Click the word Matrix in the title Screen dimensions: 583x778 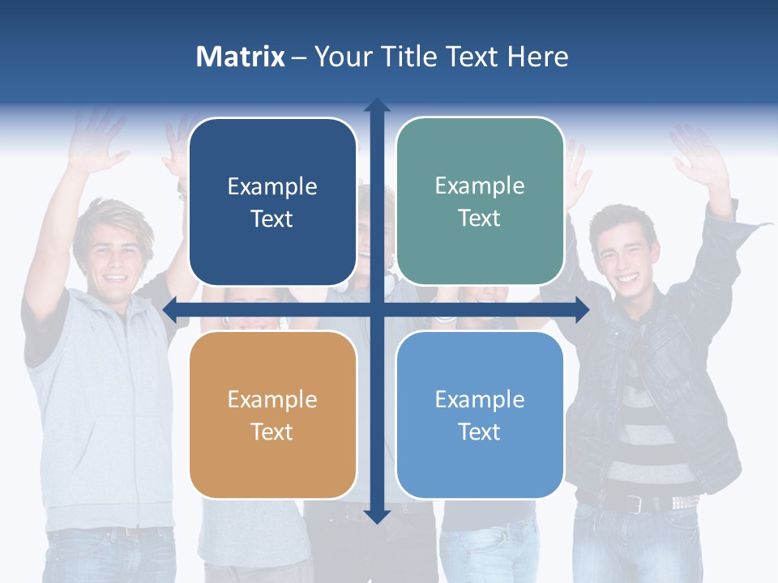click(241, 57)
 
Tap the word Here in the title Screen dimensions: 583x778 click(537, 57)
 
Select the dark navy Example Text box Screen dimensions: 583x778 click(272, 202)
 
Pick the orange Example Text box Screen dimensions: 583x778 click(272, 415)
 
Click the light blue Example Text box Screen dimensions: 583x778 click(480, 415)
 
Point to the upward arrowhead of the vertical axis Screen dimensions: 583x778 click(376, 104)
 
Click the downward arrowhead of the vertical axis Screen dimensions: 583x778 click(376, 516)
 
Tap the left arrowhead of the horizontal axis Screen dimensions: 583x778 click(170, 309)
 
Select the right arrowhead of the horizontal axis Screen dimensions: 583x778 click(582, 309)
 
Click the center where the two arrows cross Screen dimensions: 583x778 click(376, 309)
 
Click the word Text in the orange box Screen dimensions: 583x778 click(272, 432)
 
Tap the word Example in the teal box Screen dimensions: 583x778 click(480, 185)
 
